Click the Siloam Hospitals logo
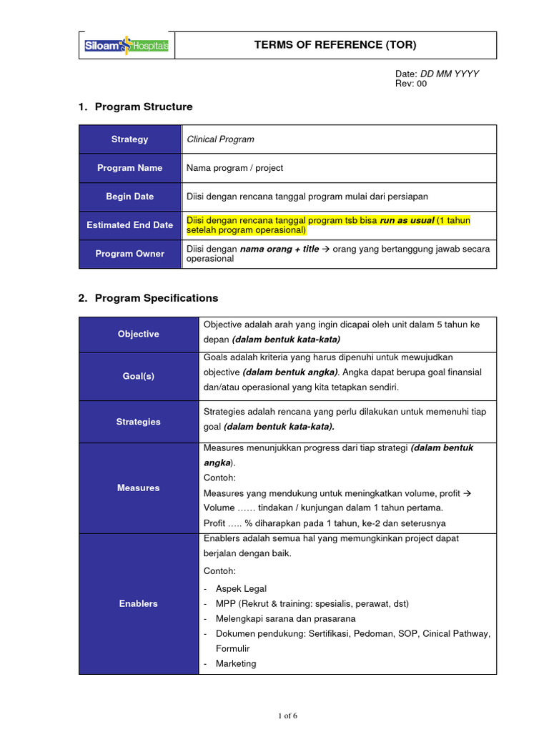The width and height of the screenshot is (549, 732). click(126, 46)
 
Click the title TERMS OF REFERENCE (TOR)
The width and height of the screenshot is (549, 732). click(335, 45)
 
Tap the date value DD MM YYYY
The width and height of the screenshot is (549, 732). click(449, 74)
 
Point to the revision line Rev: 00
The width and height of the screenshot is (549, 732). click(411, 84)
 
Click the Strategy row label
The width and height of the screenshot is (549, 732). click(130, 139)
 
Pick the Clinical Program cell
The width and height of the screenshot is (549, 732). click(220, 139)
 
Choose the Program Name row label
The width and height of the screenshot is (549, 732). click(130, 168)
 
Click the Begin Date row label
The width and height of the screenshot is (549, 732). click(130, 197)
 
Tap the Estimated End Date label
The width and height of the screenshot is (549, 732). click(130, 225)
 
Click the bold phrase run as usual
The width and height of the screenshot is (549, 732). click(407, 220)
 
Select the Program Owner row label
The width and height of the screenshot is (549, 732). click(130, 254)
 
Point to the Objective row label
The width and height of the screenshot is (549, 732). click(139, 335)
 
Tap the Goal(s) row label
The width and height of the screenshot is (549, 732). click(139, 376)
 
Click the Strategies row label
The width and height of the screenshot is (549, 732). click(139, 422)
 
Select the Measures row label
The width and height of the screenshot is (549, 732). click(139, 488)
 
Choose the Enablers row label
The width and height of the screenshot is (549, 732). click(139, 604)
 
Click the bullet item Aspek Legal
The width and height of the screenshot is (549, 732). click(241, 589)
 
